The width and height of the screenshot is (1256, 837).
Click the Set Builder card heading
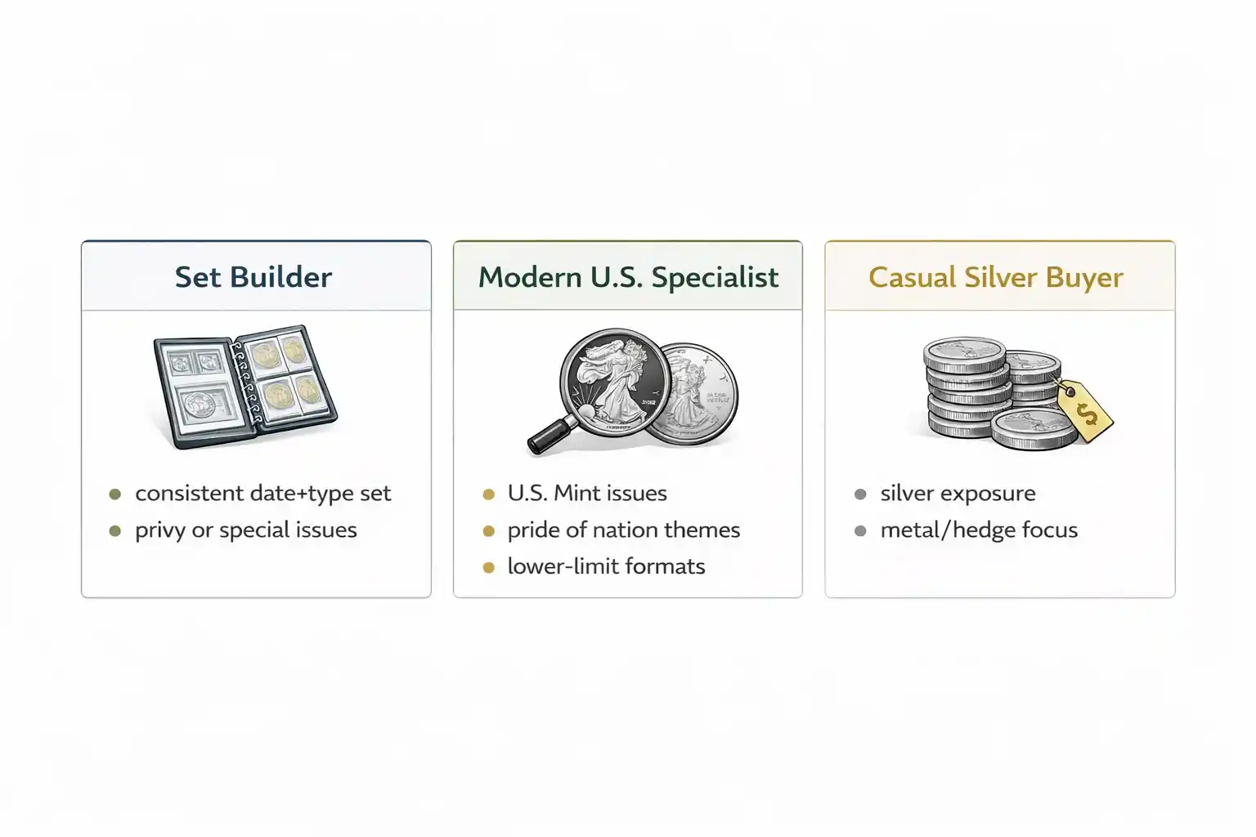pyautogui.click(x=253, y=277)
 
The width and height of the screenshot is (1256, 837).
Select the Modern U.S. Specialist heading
pyautogui.click(x=628, y=277)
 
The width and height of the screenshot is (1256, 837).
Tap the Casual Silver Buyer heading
pyautogui.click(x=995, y=277)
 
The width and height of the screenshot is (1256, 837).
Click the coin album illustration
pyautogui.click(x=245, y=387)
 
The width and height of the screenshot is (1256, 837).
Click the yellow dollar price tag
pyautogui.click(x=1085, y=410)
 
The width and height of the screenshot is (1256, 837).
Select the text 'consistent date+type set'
pyautogui.click(x=262, y=494)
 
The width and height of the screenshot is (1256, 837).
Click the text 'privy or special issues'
pyautogui.click(x=245, y=530)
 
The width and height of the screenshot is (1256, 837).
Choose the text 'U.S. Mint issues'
pyautogui.click(x=587, y=494)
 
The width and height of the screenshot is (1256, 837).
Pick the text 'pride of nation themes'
pyautogui.click(x=623, y=530)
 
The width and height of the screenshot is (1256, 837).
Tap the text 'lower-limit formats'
pyautogui.click(x=606, y=566)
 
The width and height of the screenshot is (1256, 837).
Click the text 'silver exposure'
pyautogui.click(x=958, y=494)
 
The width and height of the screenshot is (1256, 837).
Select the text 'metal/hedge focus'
pyautogui.click(x=979, y=530)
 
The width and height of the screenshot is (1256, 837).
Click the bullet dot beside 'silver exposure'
pyautogui.click(x=860, y=495)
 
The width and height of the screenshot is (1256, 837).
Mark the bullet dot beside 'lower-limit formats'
pyautogui.click(x=489, y=567)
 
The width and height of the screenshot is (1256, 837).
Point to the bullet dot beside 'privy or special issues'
pyautogui.click(x=115, y=531)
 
